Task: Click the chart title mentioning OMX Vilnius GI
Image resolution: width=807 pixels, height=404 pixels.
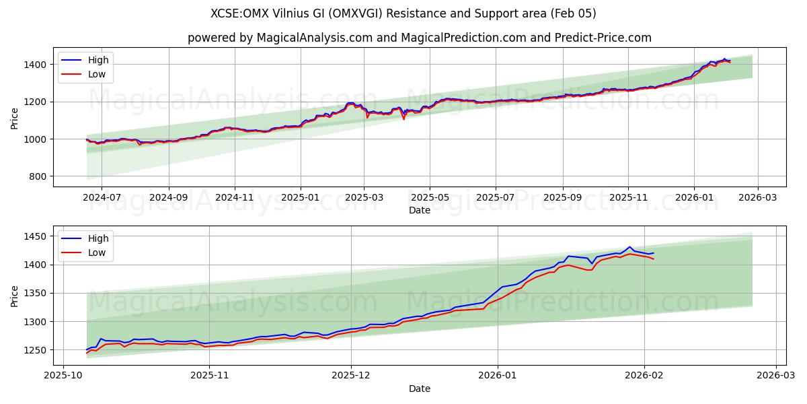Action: [403, 13]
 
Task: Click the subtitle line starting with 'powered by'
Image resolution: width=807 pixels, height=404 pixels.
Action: [419, 38]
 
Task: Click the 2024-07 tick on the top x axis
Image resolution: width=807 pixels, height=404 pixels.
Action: [102, 198]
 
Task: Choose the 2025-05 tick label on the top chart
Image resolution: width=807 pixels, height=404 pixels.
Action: [430, 198]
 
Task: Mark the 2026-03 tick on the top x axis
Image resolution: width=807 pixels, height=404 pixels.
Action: [758, 198]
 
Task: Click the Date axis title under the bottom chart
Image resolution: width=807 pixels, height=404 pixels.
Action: [419, 389]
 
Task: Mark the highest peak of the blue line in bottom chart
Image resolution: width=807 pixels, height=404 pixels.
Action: [629, 247]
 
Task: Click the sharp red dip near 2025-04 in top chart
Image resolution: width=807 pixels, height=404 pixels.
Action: [403, 119]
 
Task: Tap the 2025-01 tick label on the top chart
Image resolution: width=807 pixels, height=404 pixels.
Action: [300, 198]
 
